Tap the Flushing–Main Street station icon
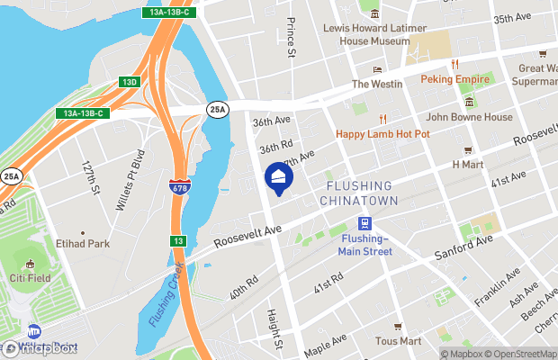coord(364,224)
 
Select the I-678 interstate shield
coord(179,188)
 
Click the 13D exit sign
coord(130,82)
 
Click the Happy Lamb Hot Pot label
coord(383,134)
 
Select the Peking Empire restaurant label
coord(455,79)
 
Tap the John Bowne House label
coord(469,117)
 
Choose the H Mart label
coord(468,165)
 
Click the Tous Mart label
coord(399,341)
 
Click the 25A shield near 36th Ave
coord(217,110)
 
